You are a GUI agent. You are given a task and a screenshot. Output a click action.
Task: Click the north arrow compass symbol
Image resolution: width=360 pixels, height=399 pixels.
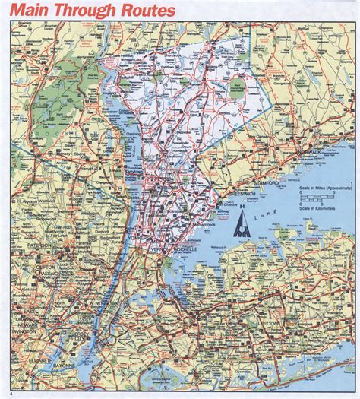click(243, 225)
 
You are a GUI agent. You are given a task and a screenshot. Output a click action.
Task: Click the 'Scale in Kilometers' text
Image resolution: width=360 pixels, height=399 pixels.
click(324, 207)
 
